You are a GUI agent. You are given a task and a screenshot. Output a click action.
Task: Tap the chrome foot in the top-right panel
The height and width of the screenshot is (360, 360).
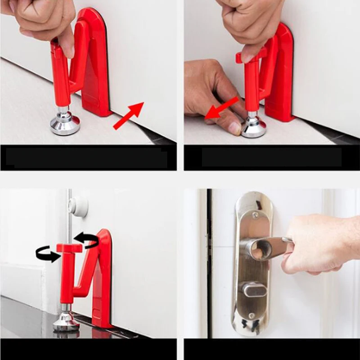(253, 127)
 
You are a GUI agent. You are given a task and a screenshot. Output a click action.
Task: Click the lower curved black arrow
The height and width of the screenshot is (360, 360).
(48, 256)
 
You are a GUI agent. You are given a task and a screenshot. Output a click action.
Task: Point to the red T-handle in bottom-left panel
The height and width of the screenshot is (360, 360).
(69, 248)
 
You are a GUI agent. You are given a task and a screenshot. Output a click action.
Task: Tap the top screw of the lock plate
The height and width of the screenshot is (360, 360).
(255, 216)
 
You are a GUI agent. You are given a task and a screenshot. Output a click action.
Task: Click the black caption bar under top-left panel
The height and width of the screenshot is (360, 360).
(88, 158)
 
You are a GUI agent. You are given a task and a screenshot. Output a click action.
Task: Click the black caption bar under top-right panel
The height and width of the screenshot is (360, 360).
(272, 157)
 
